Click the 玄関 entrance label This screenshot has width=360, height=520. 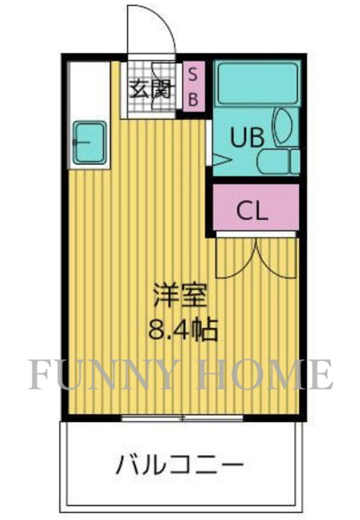(152, 89)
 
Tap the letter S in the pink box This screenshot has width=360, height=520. (193, 74)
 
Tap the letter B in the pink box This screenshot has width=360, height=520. (193, 99)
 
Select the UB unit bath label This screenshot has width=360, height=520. (248, 138)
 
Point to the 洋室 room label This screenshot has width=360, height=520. (180, 295)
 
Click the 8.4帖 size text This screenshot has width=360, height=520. (183, 330)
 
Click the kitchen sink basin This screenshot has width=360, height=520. (90, 143)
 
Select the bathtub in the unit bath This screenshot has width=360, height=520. (258, 83)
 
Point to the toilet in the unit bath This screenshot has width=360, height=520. (278, 161)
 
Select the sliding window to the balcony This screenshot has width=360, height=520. (182, 418)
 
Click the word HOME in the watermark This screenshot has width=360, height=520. (265, 375)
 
